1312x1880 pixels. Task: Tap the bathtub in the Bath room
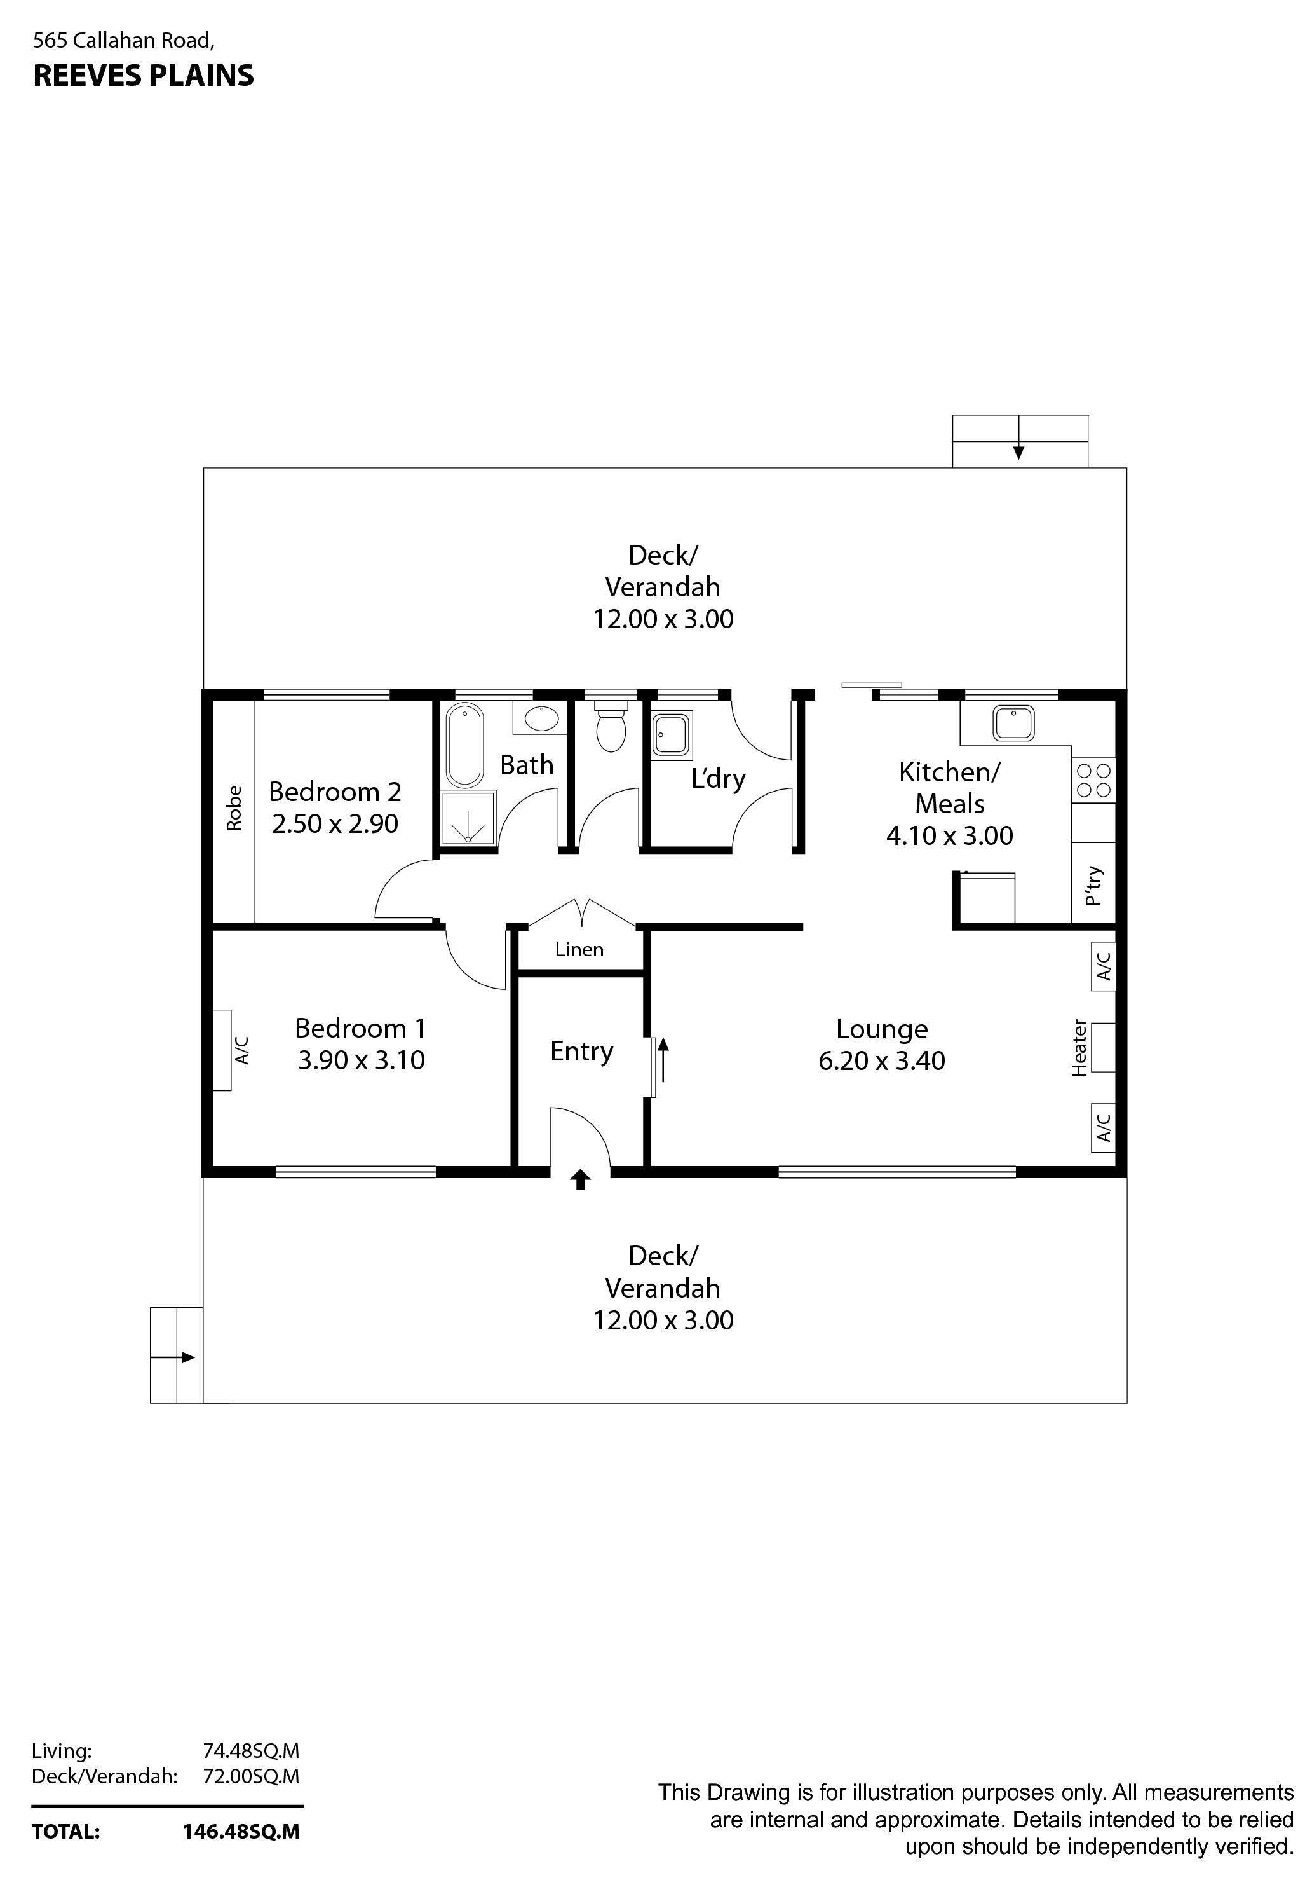(465, 744)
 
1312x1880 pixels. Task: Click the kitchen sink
(1013, 723)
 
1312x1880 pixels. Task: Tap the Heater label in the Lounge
(1079, 1047)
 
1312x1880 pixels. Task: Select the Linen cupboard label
(579, 949)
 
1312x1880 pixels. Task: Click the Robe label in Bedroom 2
(234, 808)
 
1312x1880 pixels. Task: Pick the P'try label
(1093, 886)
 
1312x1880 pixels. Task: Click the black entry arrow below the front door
(580, 1179)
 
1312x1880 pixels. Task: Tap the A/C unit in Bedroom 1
(222, 1050)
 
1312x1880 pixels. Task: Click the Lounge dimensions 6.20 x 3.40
(881, 1060)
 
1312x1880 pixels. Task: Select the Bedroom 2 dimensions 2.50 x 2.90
(335, 823)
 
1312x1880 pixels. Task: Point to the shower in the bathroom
(468, 817)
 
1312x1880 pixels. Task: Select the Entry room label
(581, 1052)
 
